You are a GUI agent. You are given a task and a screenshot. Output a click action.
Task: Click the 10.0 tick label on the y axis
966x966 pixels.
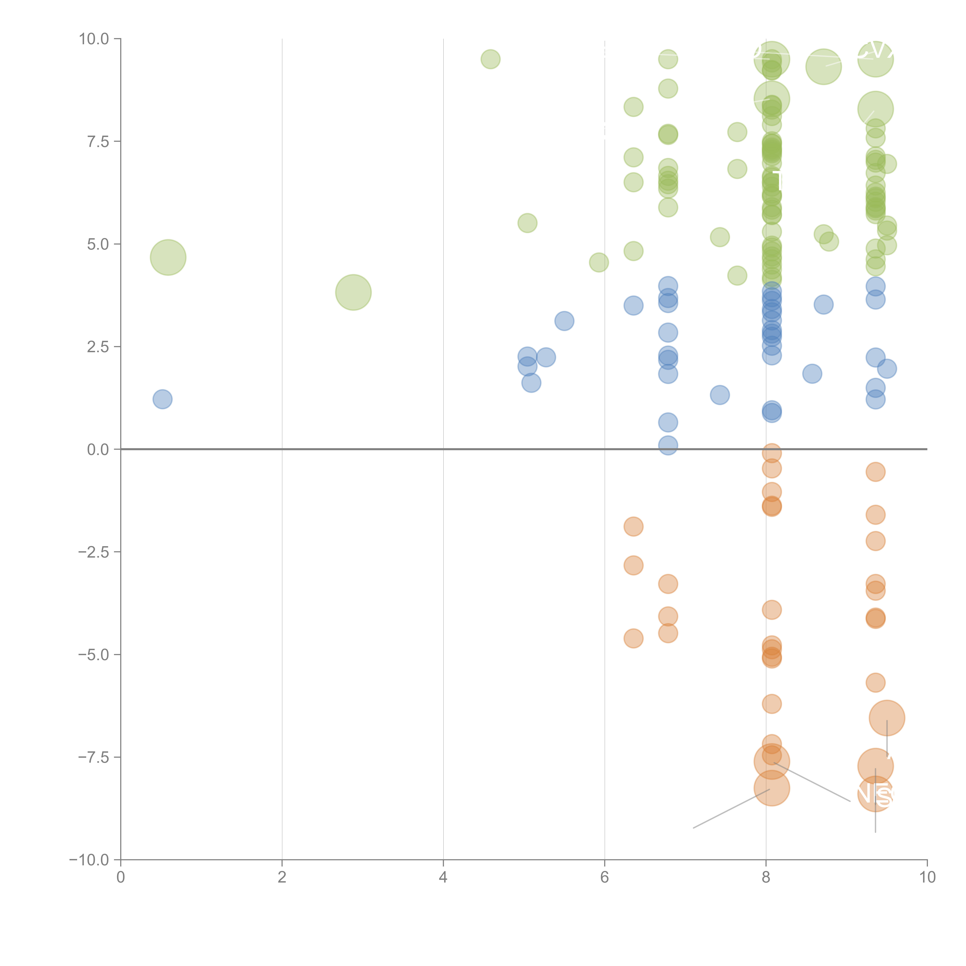coord(94,39)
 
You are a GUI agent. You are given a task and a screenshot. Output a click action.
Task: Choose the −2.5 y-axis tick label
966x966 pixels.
coord(94,552)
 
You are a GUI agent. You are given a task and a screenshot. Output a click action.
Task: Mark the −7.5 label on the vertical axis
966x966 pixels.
coord(94,757)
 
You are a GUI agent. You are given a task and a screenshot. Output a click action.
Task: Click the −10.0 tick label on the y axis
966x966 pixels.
coord(90,860)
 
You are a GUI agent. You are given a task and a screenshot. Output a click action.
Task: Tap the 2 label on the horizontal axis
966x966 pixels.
coord(282,878)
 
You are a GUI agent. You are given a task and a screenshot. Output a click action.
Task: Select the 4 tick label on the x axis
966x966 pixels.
coord(443,878)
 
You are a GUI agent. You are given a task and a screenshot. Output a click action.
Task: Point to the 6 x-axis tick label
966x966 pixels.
coord(605,878)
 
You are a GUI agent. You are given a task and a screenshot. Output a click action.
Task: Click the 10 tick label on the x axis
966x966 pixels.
coord(927,878)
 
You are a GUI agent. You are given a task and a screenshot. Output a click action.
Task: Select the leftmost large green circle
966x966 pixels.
coord(168,258)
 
